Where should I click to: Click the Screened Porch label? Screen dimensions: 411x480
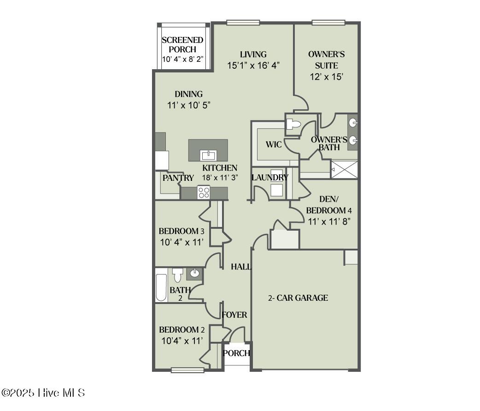pos(182,45)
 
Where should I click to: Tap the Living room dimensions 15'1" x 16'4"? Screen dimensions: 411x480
pos(253,66)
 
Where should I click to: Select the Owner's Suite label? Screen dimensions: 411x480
pos(326,60)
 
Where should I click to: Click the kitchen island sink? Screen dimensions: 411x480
pos(208,155)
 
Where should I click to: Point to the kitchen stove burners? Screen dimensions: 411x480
pos(204,192)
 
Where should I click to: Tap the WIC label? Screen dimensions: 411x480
pos(274,144)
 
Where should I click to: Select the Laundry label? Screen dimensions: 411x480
pos(270,178)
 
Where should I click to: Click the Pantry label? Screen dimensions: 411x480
pos(178,178)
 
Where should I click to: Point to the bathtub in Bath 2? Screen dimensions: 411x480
pos(161,287)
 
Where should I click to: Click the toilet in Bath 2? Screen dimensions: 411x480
pos(177,275)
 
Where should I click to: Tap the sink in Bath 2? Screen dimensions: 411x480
pos(194,273)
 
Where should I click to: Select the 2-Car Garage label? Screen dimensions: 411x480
pos(298,298)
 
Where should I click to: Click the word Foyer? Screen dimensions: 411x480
pos(234,315)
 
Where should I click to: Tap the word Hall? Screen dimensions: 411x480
pos(240,267)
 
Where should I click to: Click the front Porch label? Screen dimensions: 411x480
pos(236,353)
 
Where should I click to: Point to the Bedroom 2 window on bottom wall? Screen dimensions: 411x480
pos(187,369)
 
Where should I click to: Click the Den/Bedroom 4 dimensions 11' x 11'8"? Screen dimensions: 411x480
pos(329,221)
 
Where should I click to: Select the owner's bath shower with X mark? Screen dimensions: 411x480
pos(345,169)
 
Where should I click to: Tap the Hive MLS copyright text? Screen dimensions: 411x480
pos(43,393)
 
